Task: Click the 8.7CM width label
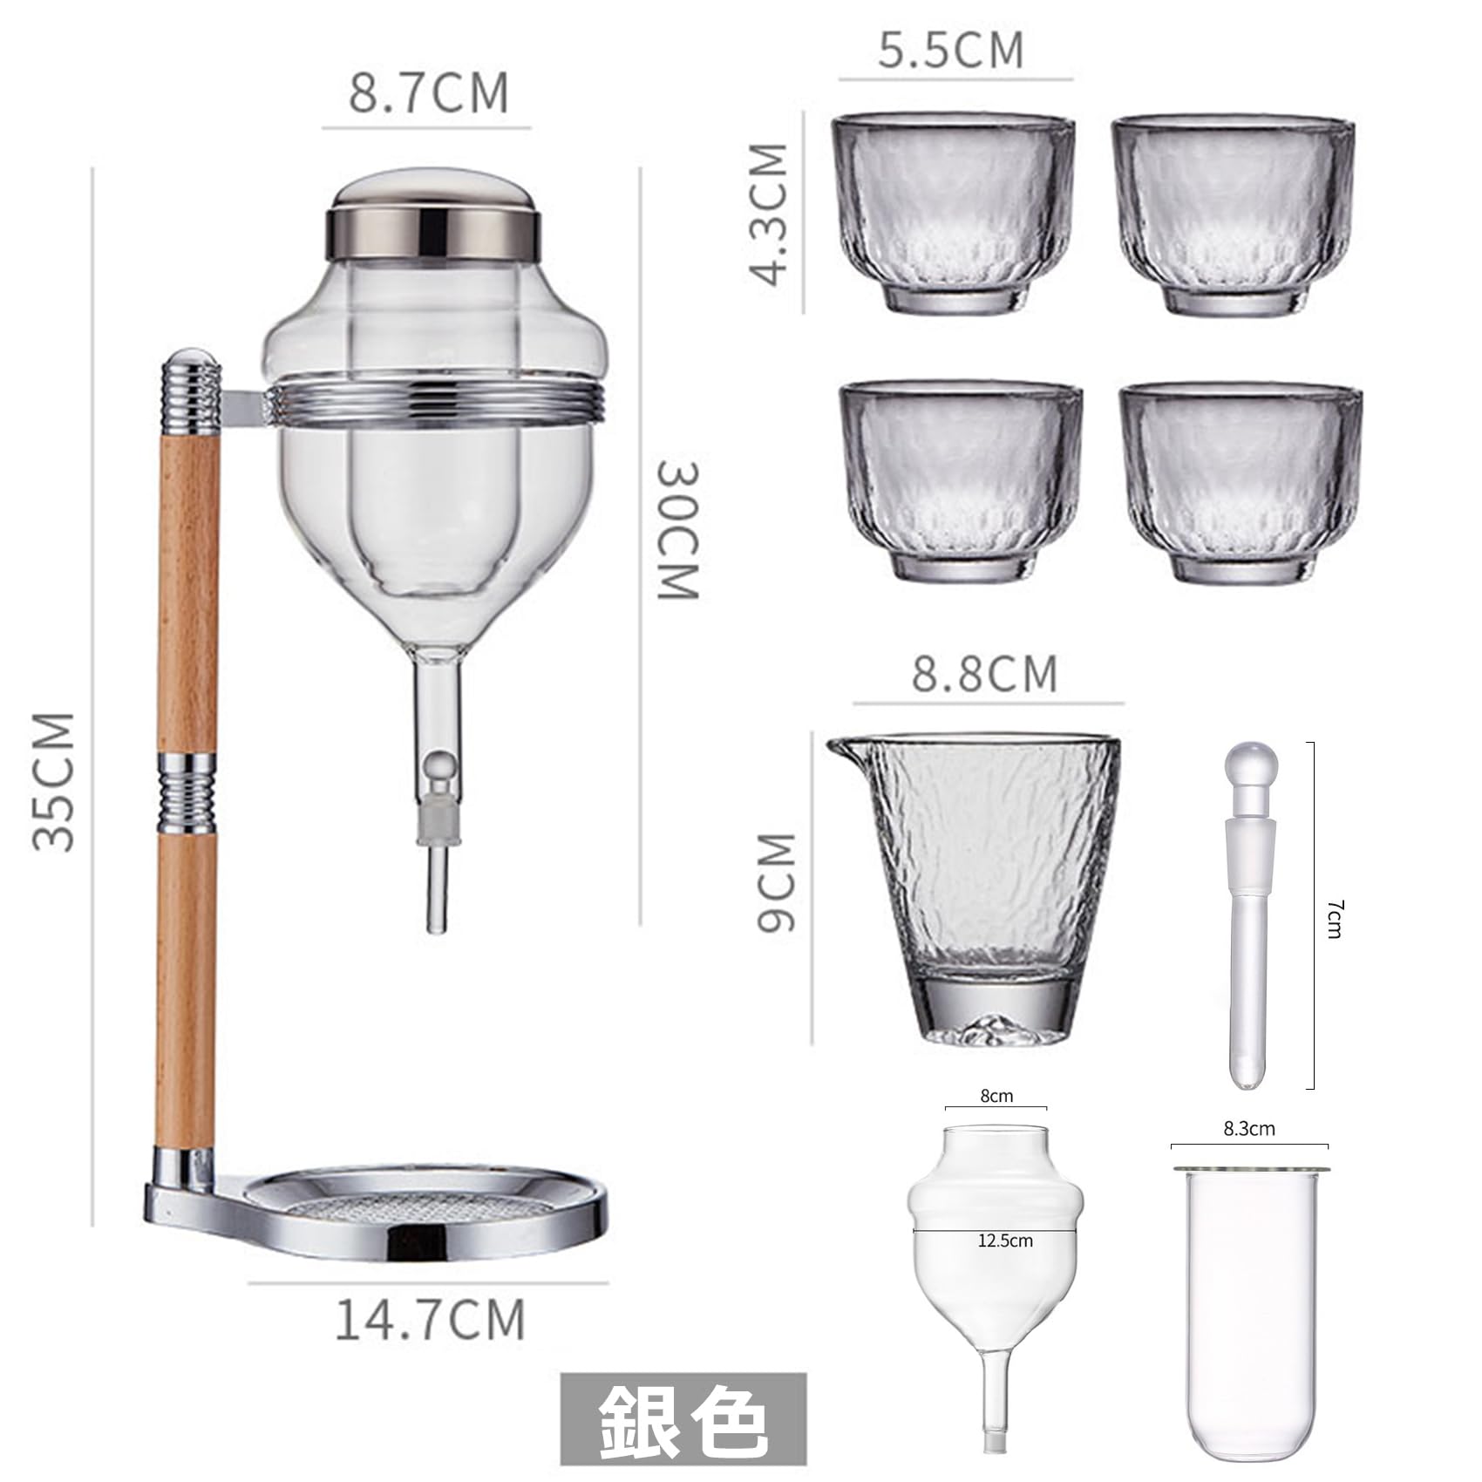(x=428, y=93)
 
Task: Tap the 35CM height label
(x=54, y=781)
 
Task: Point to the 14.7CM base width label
(x=430, y=1320)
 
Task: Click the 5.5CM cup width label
(x=951, y=50)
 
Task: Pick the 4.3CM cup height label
(x=769, y=214)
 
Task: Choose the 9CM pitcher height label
(x=776, y=882)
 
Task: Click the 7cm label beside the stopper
(x=1334, y=919)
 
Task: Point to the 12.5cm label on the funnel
(x=1005, y=1240)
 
